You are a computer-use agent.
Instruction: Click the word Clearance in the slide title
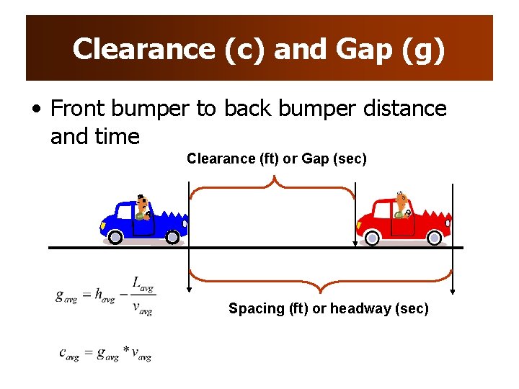(x=141, y=49)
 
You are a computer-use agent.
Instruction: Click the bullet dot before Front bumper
(x=36, y=109)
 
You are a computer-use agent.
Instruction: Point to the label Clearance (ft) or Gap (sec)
(x=276, y=158)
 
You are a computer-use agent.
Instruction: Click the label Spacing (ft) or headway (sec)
(x=328, y=308)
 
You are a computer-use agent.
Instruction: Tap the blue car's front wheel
(x=172, y=236)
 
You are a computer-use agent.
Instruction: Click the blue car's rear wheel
(x=113, y=236)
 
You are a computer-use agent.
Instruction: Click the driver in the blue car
(x=143, y=207)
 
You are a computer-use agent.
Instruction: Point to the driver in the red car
(x=401, y=205)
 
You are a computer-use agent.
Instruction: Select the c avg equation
(x=105, y=353)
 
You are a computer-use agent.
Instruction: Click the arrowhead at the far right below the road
(x=452, y=290)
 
